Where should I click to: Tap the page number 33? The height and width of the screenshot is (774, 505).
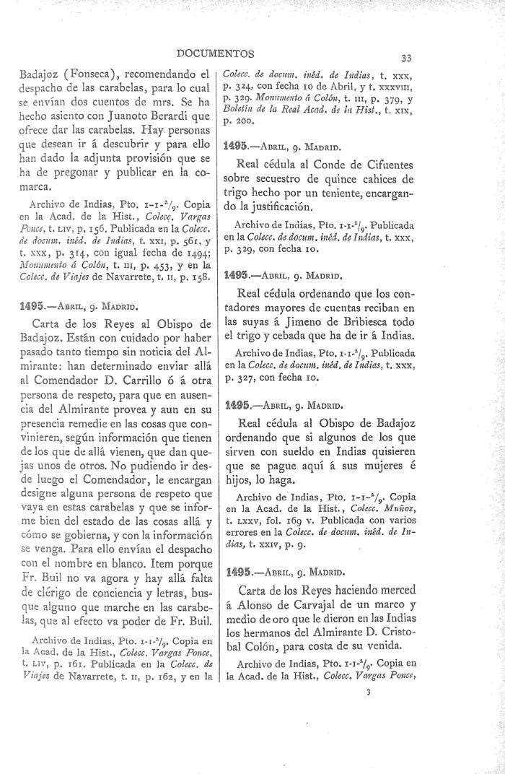click(406, 58)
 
